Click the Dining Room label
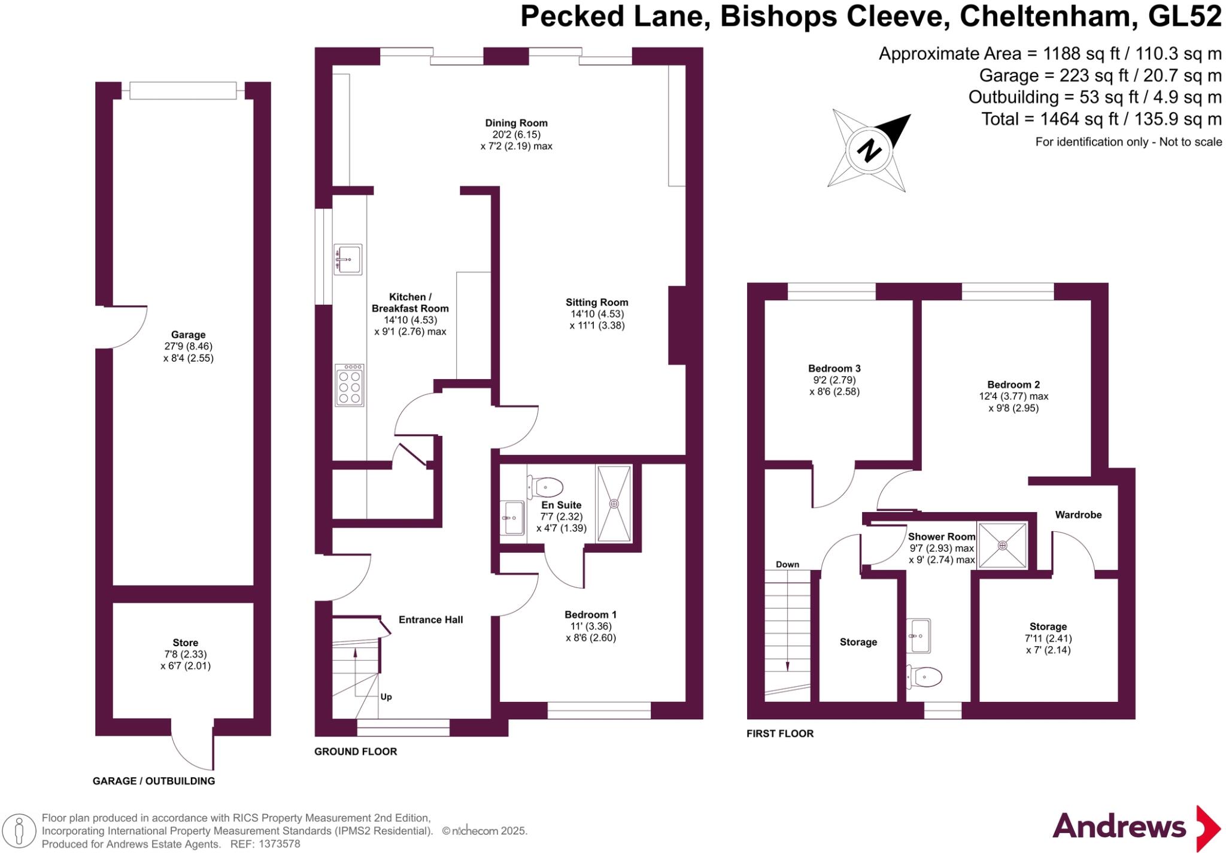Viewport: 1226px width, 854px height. click(516, 123)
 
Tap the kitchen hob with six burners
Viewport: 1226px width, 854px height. click(350, 386)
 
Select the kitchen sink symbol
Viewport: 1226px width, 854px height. click(347, 259)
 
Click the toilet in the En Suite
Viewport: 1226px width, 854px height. click(544, 487)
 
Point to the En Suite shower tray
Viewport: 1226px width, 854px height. click(614, 504)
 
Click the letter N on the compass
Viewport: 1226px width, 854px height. click(869, 150)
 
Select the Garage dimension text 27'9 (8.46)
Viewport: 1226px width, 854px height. click(189, 347)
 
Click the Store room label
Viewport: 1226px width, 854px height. click(186, 643)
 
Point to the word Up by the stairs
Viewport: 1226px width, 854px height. click(386, 697)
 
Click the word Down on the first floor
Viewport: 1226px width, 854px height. click(787, 565)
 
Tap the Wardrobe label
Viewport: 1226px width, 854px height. click(1078, 515)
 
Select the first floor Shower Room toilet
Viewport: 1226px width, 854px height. click(925, 677)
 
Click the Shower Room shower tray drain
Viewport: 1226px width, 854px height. click(1002, 546)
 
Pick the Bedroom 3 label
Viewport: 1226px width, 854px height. click(834, 369)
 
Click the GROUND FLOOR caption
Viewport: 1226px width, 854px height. click(356, 752)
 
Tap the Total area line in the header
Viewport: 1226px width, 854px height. click(1101, 119)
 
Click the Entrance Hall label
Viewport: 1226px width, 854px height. click(430, 620)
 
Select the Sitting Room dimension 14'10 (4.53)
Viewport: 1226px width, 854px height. click(597, 314)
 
